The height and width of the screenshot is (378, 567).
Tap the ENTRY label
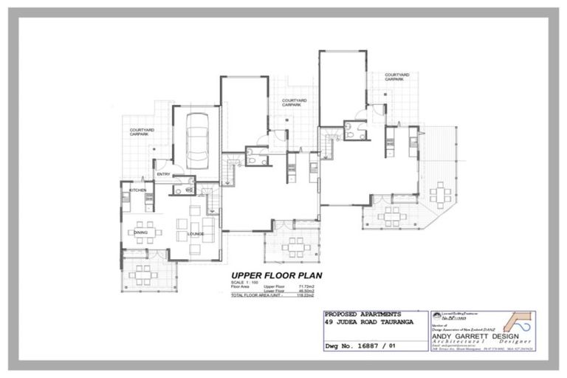coord(163,174)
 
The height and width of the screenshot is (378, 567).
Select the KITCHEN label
coord(138,190)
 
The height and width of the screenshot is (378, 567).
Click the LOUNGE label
coord(196,234)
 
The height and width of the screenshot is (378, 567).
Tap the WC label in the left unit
coord(189,190)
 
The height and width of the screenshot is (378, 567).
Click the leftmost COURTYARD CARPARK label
coord(142,132)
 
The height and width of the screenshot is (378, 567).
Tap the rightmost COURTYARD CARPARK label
coord(396,76)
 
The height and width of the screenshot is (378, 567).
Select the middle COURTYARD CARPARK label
coord(294,102)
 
